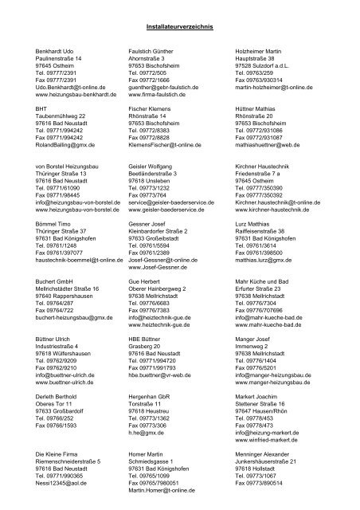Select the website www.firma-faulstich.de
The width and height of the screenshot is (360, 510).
click(161, 93)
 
